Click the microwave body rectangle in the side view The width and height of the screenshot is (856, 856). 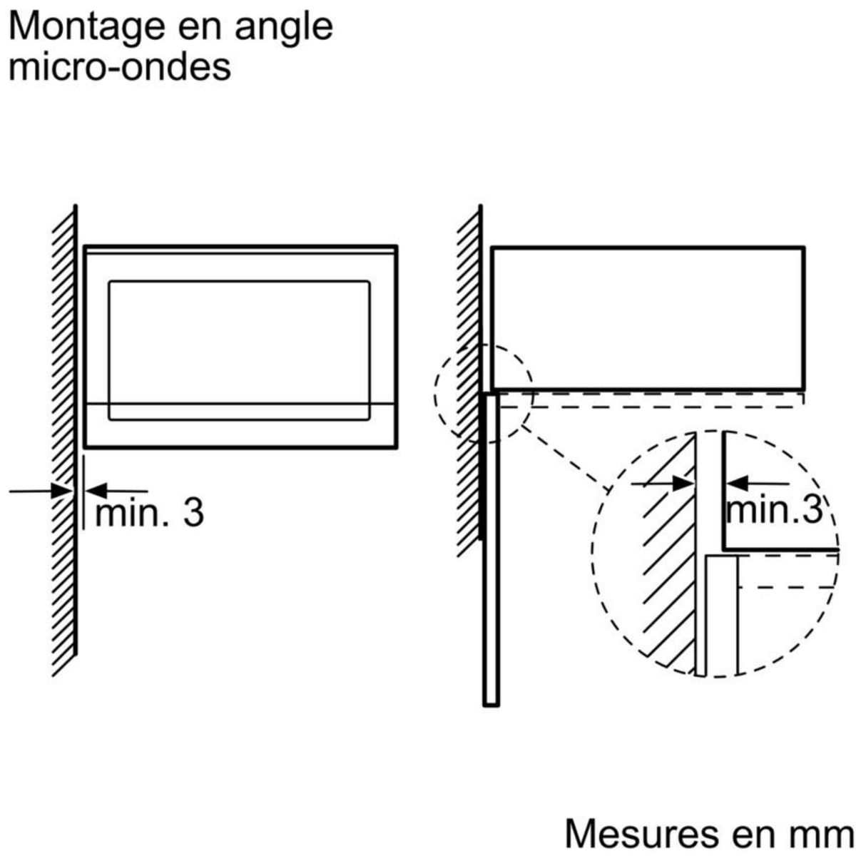[x=648, y=317]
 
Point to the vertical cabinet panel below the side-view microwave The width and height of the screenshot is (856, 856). [x=491, y=549]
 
